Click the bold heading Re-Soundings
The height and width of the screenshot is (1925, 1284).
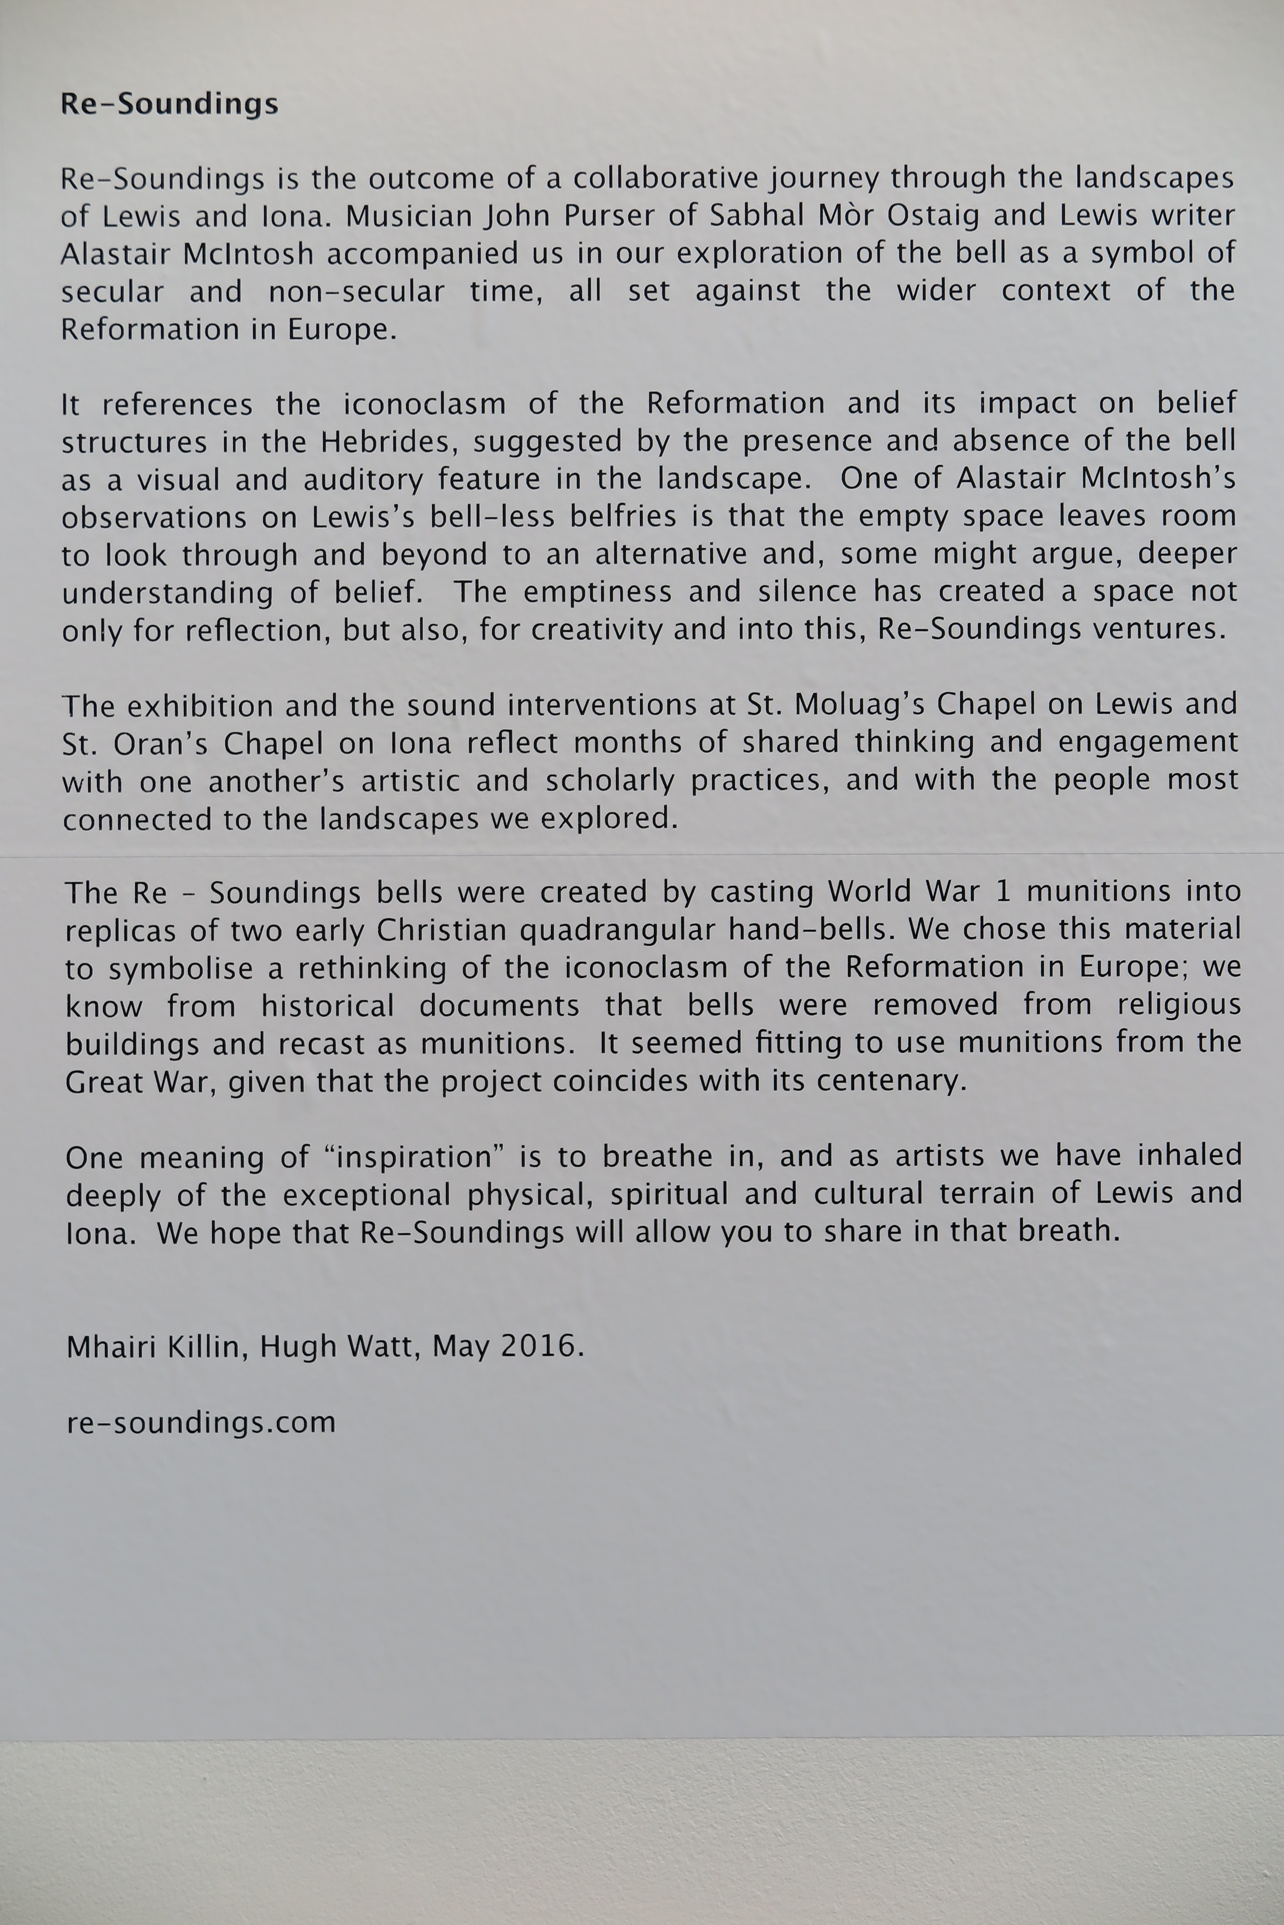169,104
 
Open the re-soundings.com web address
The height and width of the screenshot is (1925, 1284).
201,1423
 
